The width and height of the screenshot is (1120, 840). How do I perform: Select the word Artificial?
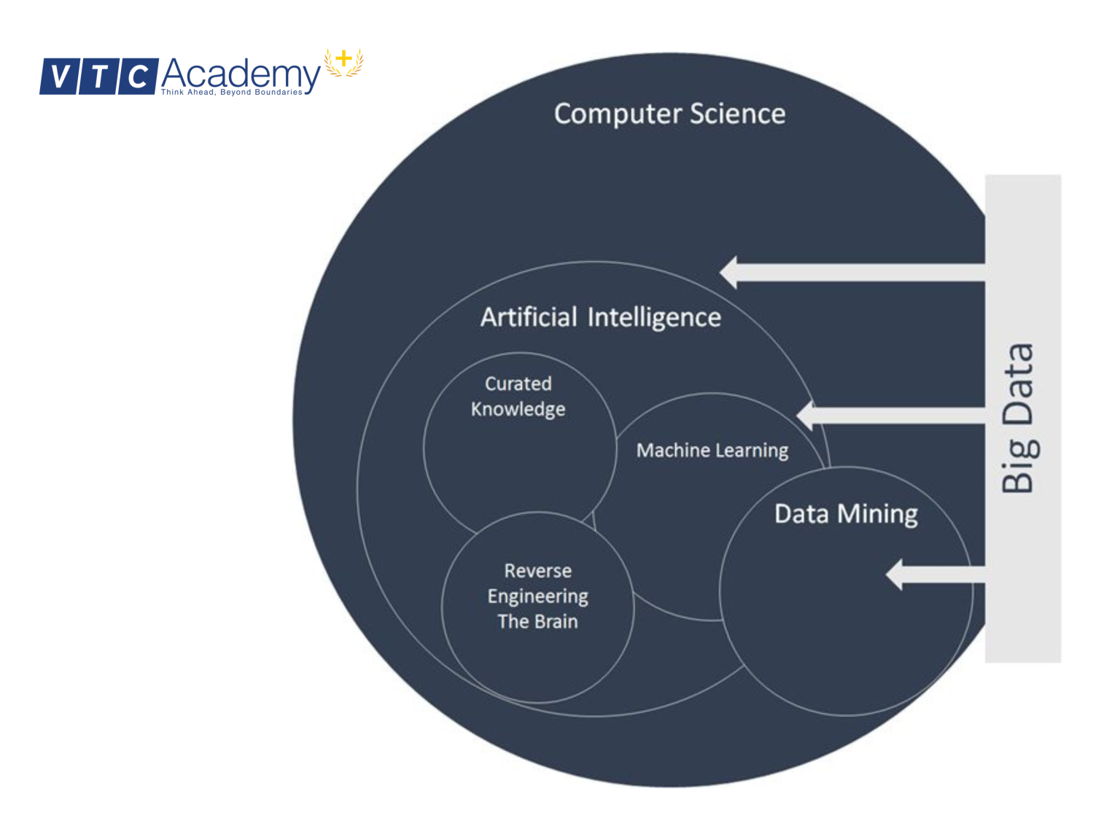point(529,317)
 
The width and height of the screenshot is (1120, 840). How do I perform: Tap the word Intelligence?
point(654,318)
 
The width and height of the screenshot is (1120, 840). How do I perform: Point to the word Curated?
point(518,384)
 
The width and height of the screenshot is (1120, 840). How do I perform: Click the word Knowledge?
point(518,409)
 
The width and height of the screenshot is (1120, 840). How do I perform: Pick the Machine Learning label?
point(712,451)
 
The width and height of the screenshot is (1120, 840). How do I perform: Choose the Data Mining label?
point(846,514)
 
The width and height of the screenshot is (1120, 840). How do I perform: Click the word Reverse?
point(538,570)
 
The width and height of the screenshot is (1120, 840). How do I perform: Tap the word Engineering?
point(538,596)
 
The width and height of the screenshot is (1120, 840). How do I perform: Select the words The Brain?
point(538,621)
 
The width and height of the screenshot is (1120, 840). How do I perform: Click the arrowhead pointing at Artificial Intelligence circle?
point(729,272)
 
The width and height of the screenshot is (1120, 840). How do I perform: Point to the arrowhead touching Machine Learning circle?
point(806,416)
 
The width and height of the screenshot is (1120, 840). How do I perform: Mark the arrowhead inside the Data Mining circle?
point(895,575)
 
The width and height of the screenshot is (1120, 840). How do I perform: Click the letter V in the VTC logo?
point(63,77)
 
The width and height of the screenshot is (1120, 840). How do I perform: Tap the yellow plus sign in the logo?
point(343,59)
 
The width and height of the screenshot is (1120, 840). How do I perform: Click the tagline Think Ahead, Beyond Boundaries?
point(231,93)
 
